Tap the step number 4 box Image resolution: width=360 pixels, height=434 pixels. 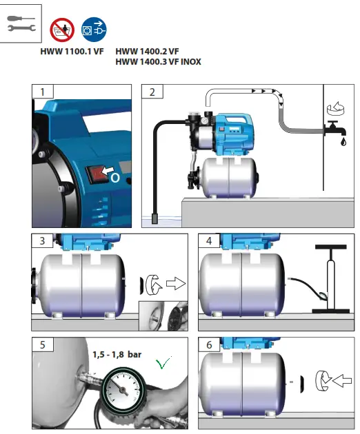208,241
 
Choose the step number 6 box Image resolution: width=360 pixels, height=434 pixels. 208,344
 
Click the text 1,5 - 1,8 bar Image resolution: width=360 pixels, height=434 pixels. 117,354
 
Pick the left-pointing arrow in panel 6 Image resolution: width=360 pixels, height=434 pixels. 338,380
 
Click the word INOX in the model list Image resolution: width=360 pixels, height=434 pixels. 190,62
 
